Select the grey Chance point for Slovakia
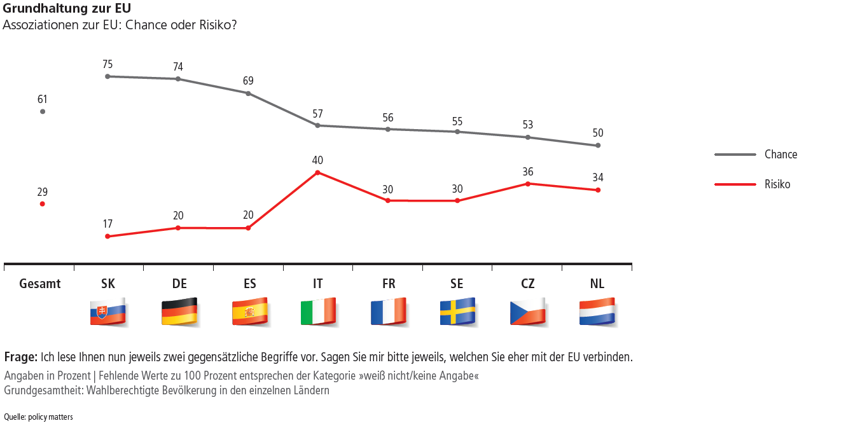[107, 76]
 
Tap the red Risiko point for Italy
[318, 172]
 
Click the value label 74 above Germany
[178, 67]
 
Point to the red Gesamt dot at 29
[43, 204]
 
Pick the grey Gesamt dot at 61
[43, 111]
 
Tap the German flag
[179, 312]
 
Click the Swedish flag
[458, 312]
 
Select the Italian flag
[319, 312]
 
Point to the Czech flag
[528, 312]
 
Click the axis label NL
[597, 284]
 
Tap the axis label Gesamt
[40, 284]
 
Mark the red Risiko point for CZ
[527, 184]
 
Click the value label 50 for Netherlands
[597, 134]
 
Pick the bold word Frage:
[21, 356]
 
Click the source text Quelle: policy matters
[38, 417]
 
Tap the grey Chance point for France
[388, 129]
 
